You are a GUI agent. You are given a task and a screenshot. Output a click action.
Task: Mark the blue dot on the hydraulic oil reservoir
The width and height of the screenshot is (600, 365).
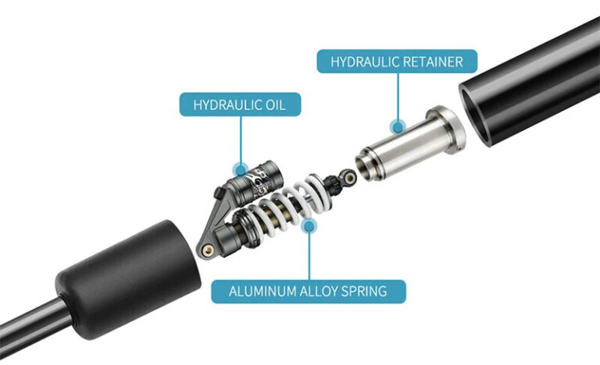pos(241,167)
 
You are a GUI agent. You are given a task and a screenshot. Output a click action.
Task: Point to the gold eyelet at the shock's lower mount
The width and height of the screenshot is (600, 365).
pos(207,249)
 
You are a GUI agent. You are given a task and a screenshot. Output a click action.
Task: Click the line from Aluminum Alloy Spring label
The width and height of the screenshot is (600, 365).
pos(309,253)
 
